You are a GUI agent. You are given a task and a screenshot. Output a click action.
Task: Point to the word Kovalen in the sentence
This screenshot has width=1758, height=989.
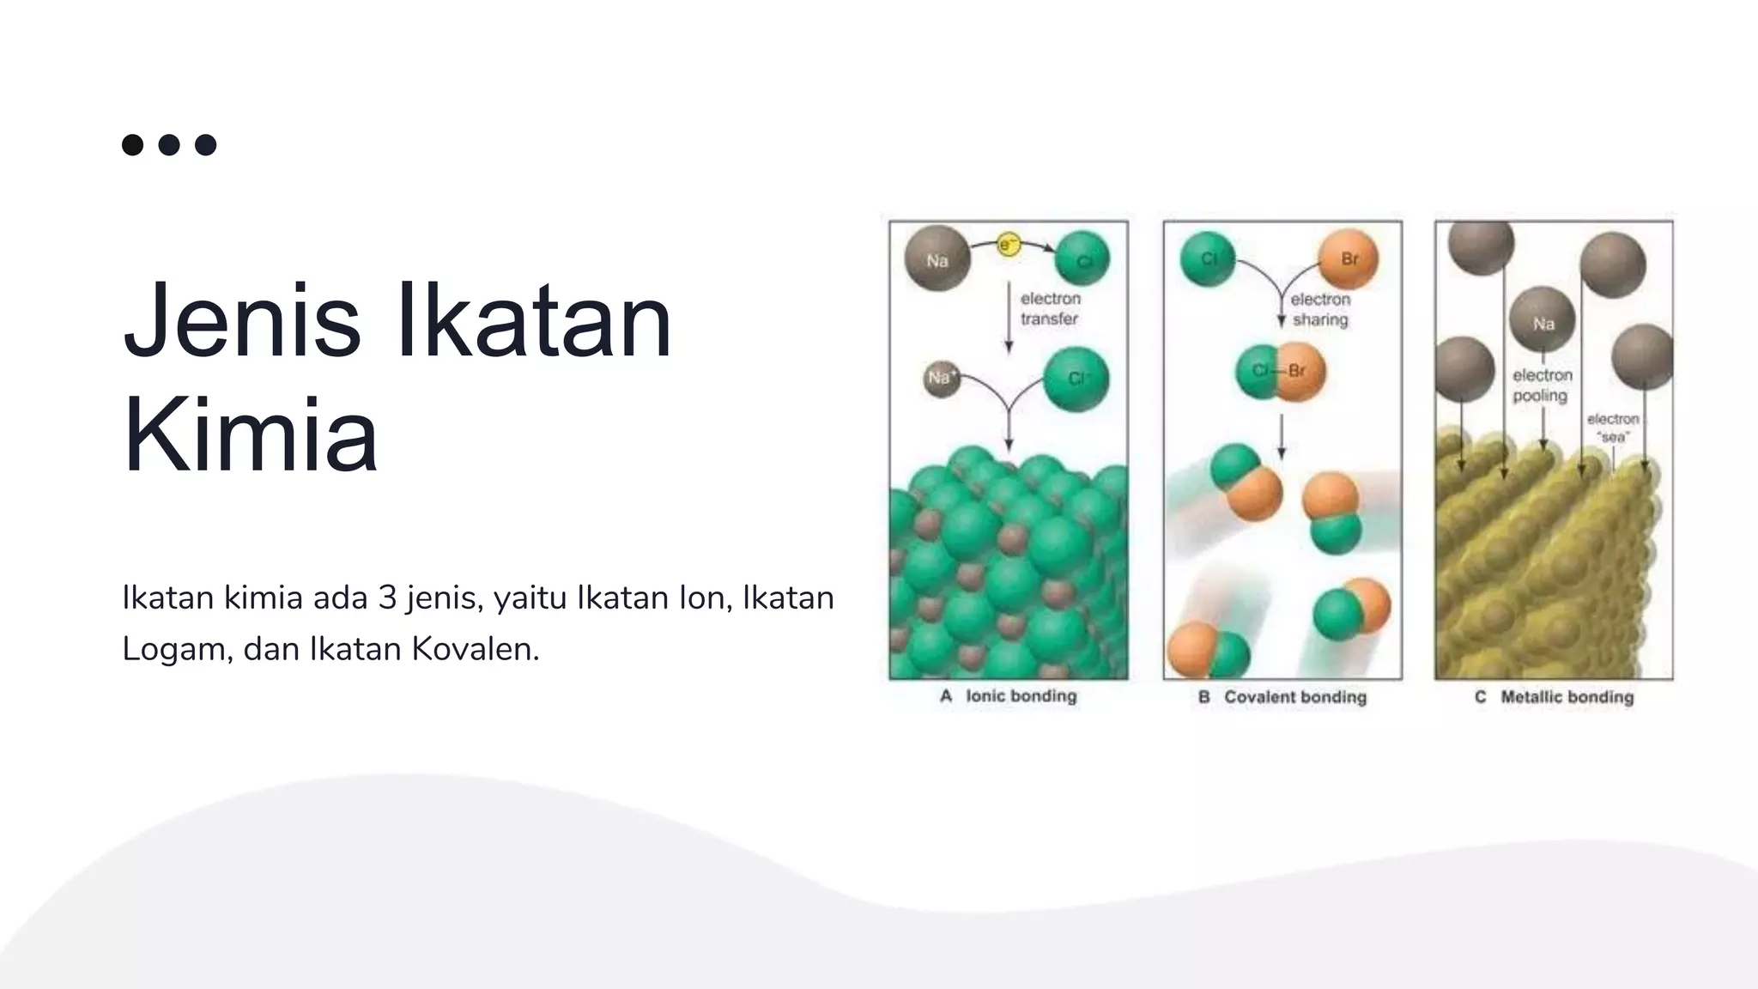tap(475, 649)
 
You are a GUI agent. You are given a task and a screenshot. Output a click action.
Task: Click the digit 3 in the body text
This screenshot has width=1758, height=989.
tap(387, 598)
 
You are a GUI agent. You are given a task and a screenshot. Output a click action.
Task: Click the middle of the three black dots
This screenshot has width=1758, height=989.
tap(169, 144)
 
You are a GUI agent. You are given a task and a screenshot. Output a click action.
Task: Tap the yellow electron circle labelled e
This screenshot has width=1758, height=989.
tap(1008, 245)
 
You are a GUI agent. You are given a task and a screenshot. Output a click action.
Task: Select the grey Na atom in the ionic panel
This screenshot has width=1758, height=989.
tap(937, 258)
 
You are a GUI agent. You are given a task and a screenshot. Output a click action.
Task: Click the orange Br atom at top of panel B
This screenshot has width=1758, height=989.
tap(1348, 258)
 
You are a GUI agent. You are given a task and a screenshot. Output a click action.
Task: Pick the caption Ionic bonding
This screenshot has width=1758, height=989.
tap(1021, 696)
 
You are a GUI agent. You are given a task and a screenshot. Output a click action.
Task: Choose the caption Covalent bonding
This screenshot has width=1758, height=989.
tap(1294, 697)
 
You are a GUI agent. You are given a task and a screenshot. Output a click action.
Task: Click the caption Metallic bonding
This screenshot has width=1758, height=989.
tap(1567, 697)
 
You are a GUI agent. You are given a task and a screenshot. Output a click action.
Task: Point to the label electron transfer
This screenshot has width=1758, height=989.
tap(1050, 309)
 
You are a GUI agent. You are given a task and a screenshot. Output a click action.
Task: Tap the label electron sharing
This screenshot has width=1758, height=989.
tap(1320, 309)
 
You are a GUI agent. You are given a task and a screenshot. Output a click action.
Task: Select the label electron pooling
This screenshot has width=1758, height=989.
tap(1542, 385)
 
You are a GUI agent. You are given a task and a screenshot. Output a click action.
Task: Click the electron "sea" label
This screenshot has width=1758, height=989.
tap(1612, 428)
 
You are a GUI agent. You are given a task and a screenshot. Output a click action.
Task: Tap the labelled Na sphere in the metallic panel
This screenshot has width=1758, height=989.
tap(1543, 322)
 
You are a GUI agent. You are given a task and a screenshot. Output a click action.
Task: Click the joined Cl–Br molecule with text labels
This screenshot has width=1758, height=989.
tap(1281, 372)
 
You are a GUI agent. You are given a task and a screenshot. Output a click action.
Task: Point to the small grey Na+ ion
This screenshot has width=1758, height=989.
tap(941, 379)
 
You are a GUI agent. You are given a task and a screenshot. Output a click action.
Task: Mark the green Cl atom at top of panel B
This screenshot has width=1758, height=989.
tap(1208, 258)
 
